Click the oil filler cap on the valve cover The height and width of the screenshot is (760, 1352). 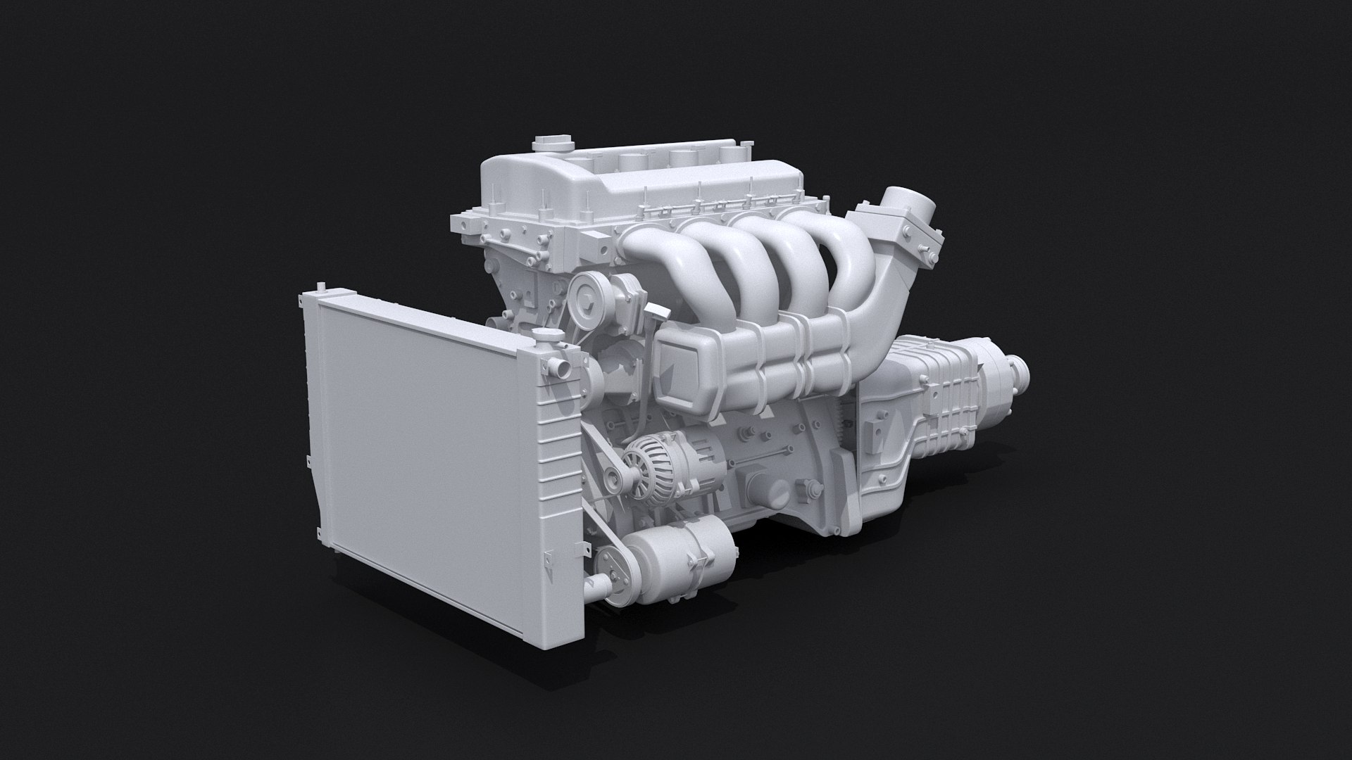544,144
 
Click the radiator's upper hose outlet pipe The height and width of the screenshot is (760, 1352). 560,369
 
